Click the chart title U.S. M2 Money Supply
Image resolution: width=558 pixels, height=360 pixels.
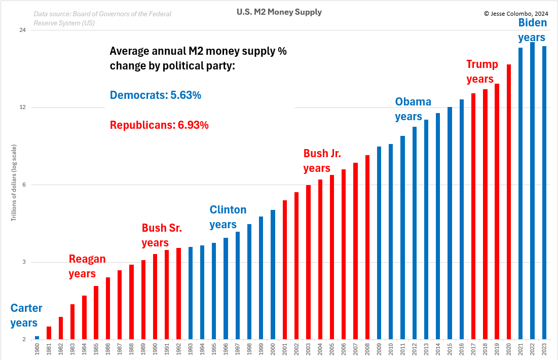pyautogui.click(x=279, y=12)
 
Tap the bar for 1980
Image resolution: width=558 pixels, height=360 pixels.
pyautogui.click(x=37, y=338)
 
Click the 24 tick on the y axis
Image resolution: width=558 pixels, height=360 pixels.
pyautogui.click(x=22, y=30)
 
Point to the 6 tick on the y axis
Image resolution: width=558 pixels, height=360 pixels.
pyautogui.click(x=24, y=185)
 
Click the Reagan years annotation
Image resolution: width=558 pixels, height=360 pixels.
pyautogui.click(x=87, y=266)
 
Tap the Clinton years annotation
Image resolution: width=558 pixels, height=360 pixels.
pyautogui.click(x=228, y=217)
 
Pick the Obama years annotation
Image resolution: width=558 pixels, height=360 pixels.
pyautogui.click(x=413, y=109)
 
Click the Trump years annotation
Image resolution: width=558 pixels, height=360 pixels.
pyautogui.click(x=481, y=71)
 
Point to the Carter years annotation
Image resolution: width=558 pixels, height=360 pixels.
pyautogui.click(x=26, y=315)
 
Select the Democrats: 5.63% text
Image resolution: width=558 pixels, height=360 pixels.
pyautogui.click(x=156, y=95)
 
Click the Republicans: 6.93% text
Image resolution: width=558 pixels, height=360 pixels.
pyautogui.click(x=159, y=125)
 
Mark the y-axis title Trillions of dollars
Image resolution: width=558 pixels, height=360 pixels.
pyautogui.click(x=14, y=183)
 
